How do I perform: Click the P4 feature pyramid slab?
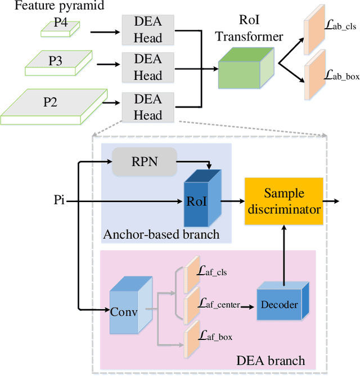[x=60, y=29]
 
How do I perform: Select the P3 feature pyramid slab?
[x=58, y=63]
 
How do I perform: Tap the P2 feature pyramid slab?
[x=54, y=107]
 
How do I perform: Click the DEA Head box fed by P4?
[x=148, y=30]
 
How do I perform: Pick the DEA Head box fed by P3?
[x=148, y=68]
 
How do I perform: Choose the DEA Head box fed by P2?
[x=148, y=107]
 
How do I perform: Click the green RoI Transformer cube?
[x=246, y=68]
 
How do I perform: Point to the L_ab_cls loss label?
[x=340, y=25]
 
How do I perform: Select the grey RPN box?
[x=145, y=162]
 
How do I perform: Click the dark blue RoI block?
[x=202, y=198]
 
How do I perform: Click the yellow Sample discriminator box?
[x=284, y=201]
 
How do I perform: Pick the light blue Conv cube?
[x=131, y=305]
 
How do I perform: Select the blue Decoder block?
[x=283, y=301]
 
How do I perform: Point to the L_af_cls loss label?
[x=211, y=271]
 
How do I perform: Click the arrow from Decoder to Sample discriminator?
[x=284, y=256]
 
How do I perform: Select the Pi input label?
[x=59, y=200]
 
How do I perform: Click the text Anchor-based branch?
[x=161, y=234]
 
